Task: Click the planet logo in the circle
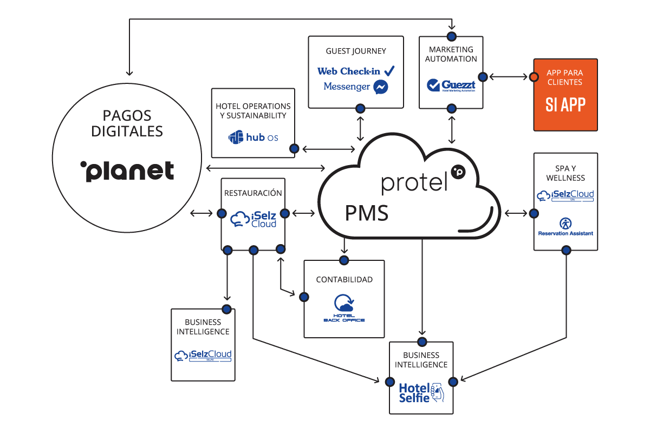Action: pyautogui.click(x=127, y=170)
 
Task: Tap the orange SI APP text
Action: pyautogui.click(x=565, y=104)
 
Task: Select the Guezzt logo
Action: pyautogui.click(x=451, y=86)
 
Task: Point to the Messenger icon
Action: pyautogui.click(x=381, y=87)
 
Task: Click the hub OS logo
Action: pyautogui.click(x=253, y=137)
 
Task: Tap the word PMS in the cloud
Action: pyautogui.click(x=367, y=213)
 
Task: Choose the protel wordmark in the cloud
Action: pyautogui.click(x=415, y=182)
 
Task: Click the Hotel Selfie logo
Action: pyautogui.click(x=421, y=392)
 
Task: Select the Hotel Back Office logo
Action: pyautogui.click(x=344, y=309)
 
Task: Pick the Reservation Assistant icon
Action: pyautogui.click(x=565, y=222)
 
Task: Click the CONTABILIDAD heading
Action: pyautogui.click(x=344, y=280)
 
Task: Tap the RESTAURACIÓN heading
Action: pyautogui.click(x=253, y=193)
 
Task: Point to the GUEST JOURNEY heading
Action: pyautogui.click(x=356, y=51)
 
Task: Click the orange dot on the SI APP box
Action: pyautogui.click(x=534, y=77)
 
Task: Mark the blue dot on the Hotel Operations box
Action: pyautogui.click(x=294, y=148)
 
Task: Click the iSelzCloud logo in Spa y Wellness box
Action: pyautogui.click(x=565, y=195)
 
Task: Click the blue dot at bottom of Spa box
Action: pyautogui.click(x=566, y=250)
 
